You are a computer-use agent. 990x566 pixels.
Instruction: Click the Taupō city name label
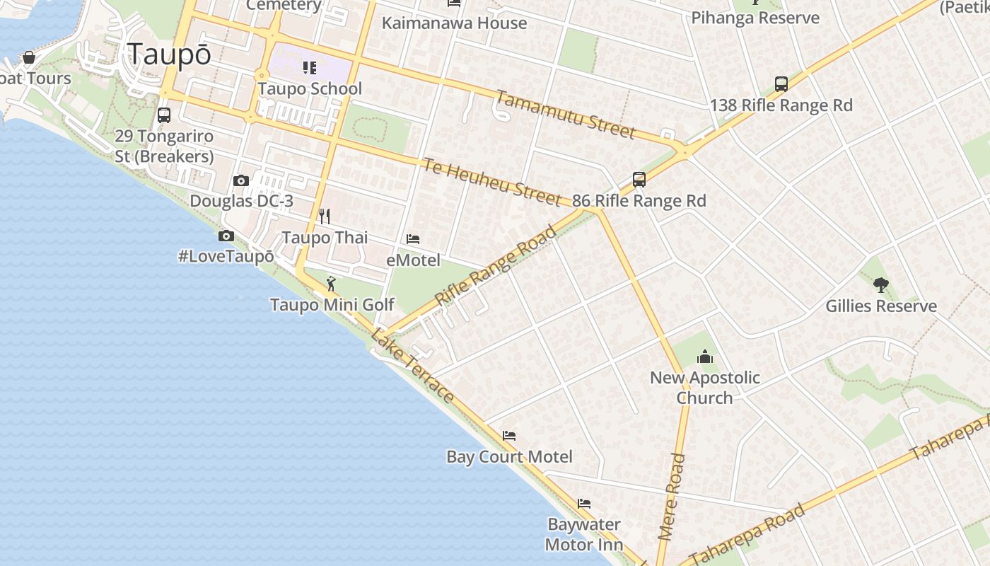click(x=169, y=54)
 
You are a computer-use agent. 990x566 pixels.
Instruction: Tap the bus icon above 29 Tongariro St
click(x=164, y=115)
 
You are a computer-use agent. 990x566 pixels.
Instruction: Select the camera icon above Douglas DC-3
click(x=241, y=180)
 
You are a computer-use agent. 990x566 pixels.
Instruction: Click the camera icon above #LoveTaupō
click(x=226, y=236)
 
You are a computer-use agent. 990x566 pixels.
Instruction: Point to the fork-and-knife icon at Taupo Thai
click(x=325, y=216)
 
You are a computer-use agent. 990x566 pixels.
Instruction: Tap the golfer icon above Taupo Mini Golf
click(x=331, y=284)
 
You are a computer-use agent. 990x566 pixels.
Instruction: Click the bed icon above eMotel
click(x=413, y=239)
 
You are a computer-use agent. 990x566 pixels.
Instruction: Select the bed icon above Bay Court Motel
click(x=509, y=435)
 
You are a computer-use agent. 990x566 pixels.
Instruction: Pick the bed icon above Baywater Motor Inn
click(x=584, y=504)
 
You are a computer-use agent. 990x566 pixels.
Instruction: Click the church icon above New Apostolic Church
click(x=704, y=357)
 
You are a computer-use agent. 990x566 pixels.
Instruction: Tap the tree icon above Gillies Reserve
click(x=880, y=285)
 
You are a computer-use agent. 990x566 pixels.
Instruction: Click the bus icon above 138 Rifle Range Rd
click(x=781, y=84)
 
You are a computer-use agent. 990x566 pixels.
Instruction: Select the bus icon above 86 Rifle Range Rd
click(x=639, y=179)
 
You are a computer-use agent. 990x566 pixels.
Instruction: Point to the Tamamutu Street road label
click(x=565, y=115)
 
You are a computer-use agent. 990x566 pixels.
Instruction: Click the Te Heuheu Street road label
click(x=492, y=182)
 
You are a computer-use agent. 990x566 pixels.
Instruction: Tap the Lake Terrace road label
click(x=412, y=366)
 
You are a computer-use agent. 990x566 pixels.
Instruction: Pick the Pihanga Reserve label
click(x=755, y=18)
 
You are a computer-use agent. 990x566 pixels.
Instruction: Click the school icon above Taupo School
click(x=310, y=68)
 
